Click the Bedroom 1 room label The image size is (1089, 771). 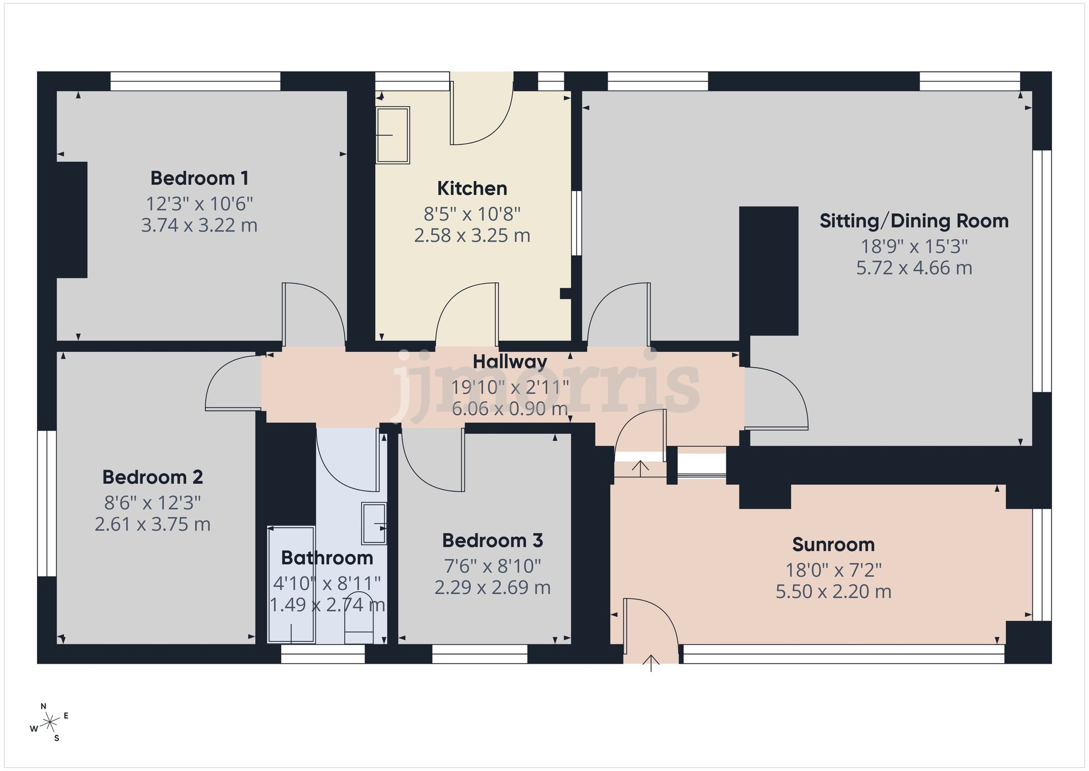coord(199,178)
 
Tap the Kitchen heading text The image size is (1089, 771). coord(472,189)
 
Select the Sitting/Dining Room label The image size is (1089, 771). coord(914,221)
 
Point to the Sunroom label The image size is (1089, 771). coord(833,544)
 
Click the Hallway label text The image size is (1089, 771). coord(510,362)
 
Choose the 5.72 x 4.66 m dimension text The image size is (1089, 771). coord(914,268)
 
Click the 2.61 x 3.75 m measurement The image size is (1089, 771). coord(152,524)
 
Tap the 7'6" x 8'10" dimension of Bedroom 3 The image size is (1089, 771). coord(492,566)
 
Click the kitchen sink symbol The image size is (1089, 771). coord(393,135)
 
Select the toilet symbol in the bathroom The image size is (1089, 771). coord(359,618)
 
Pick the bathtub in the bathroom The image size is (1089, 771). coord(291,584)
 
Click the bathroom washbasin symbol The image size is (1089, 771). coord(374,524)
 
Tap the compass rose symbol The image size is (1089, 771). coord(50,723)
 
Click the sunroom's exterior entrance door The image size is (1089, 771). coord(650,627)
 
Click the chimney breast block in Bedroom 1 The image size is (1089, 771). coord(72,220)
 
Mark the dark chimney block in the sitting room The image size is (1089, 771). coord(768,271)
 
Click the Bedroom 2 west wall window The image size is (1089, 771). coord(47,503)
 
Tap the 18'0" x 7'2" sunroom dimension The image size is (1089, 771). coord(833,570)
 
